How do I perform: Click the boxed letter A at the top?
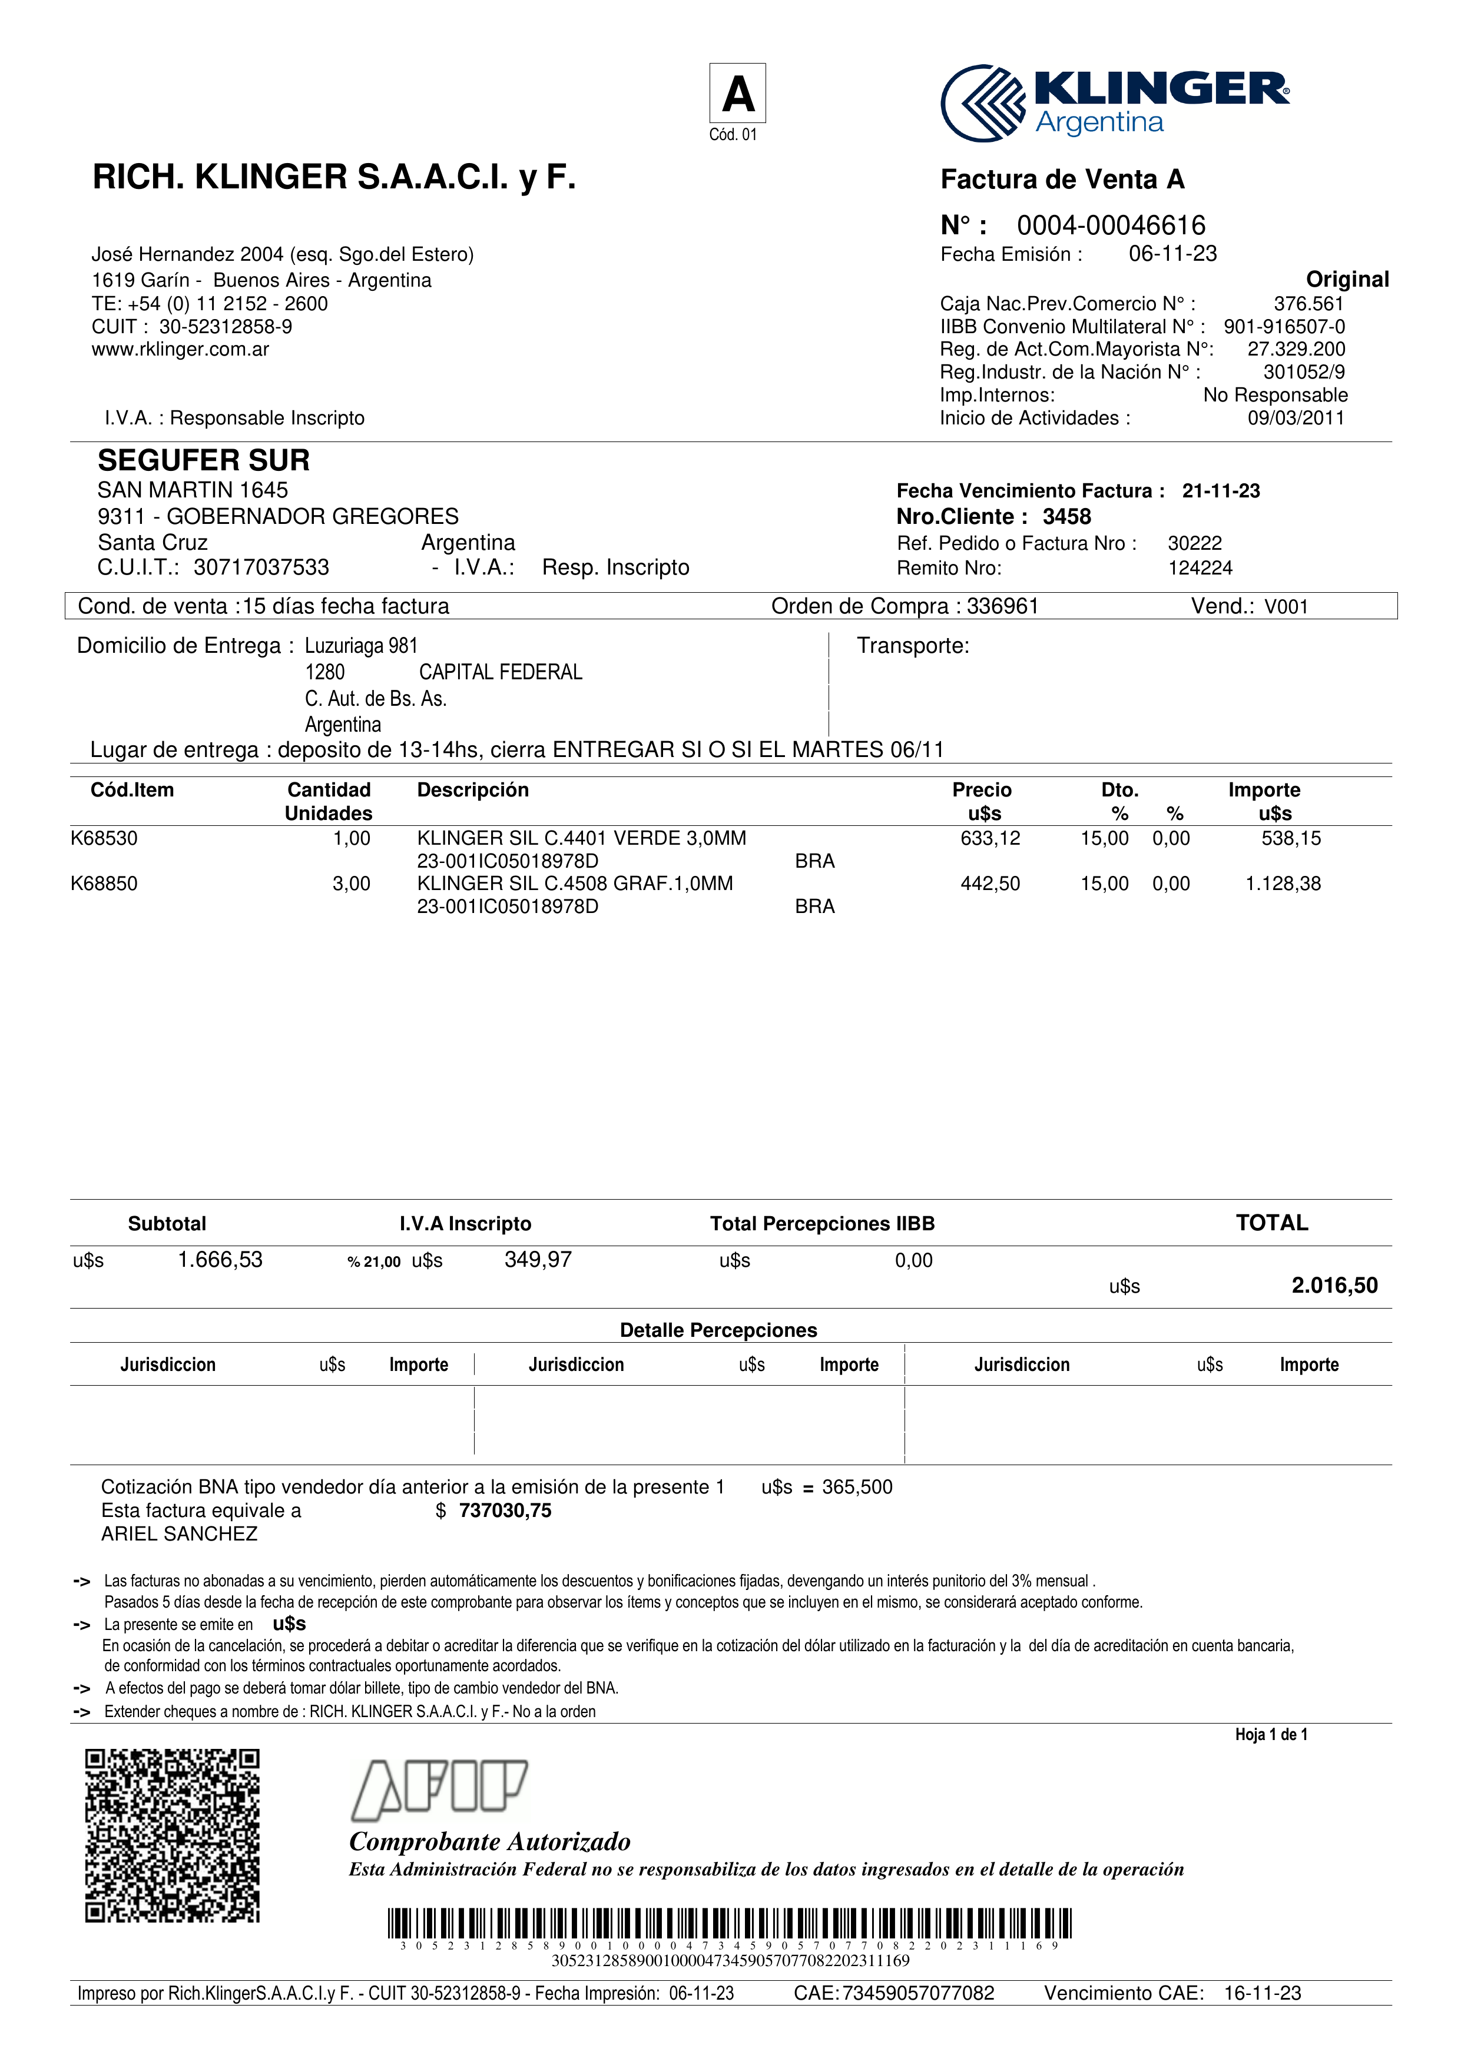738,94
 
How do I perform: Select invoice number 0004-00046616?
1111,225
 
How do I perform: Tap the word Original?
1347,279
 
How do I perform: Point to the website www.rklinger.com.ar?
180,349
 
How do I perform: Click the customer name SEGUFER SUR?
203,460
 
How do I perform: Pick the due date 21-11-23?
1221,491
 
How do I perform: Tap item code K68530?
104,838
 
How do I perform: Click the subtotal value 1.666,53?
220,1259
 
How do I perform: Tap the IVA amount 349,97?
538,1259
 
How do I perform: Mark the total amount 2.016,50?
1334,1285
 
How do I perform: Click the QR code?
173,1835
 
